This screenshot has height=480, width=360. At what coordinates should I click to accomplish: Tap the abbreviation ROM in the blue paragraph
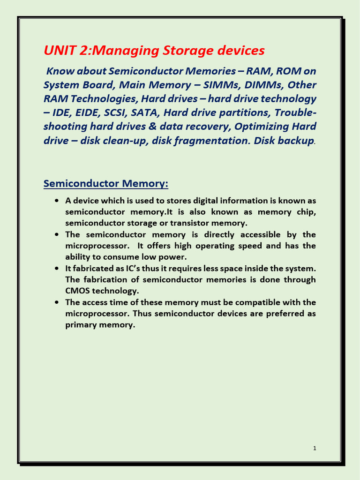290,71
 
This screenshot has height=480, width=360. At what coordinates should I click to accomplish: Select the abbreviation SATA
146,113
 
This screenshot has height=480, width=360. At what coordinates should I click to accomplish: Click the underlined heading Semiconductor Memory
105,183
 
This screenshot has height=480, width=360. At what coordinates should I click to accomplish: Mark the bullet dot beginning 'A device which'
56,201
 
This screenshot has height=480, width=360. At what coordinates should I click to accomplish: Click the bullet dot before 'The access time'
56,302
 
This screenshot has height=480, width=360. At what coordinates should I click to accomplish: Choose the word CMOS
77,291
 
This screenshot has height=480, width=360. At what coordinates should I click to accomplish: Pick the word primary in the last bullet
80,325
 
